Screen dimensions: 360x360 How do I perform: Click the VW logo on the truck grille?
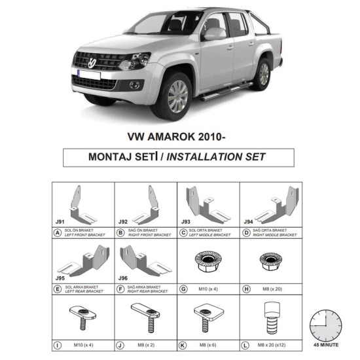[x=94, y=63]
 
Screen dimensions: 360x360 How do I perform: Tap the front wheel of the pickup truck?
[x=175, y=96]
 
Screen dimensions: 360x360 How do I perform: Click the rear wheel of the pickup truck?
[x=263, y=73]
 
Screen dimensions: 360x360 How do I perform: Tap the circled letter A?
[x=58, y=232]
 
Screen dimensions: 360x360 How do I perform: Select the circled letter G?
[x=183, y=288]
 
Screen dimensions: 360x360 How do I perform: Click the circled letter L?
[x=246, y=344]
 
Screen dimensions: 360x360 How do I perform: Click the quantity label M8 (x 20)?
[x=271, y=289]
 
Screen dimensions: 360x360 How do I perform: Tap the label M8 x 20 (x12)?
[x=271, y=344]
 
